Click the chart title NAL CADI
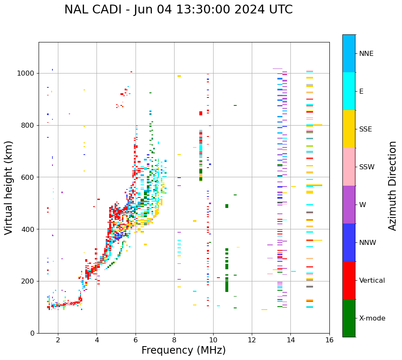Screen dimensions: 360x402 pos(178,10)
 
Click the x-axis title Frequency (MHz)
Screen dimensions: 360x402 pos(183,350)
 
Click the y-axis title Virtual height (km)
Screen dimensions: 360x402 pos(9,188)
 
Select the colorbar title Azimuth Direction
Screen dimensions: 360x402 pos(392,186)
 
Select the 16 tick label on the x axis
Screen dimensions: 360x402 pos(329,339)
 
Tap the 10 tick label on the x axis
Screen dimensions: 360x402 pos(213,339)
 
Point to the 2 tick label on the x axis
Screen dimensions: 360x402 pos(58,339)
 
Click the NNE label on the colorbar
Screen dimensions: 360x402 pos(366,54)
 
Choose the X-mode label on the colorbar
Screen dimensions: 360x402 pos(372,318)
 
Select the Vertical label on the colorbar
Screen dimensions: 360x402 pos(372,281)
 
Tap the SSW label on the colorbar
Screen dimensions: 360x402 pos(367,167)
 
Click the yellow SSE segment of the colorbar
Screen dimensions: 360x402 pos(349,129)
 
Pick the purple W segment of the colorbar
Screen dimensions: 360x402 pos(349,205)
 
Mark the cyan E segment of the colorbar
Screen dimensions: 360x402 pos(349,91)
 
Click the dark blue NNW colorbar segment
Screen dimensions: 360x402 pos(349,242)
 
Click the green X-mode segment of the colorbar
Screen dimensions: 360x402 pos(349,318)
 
